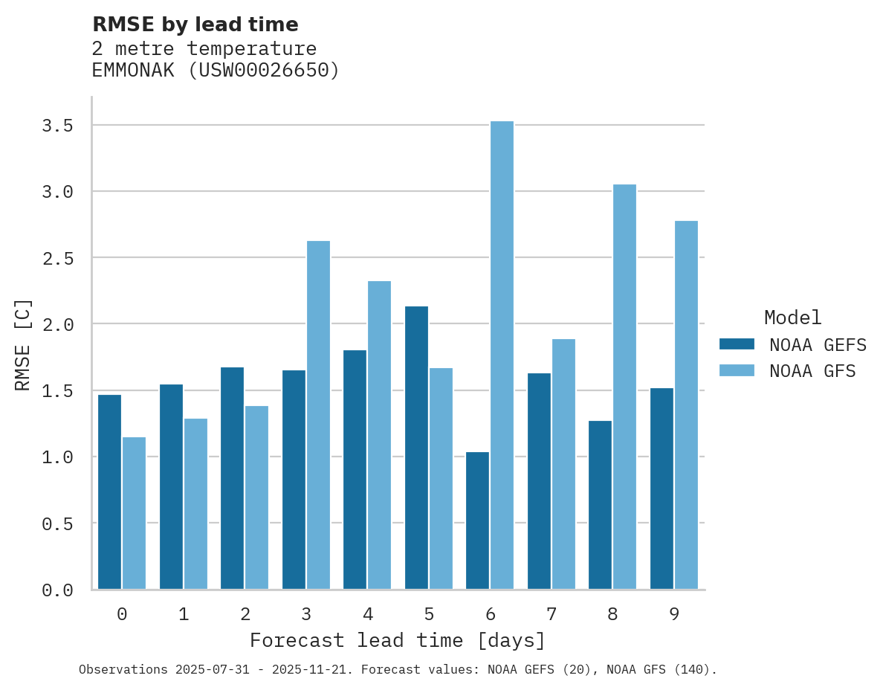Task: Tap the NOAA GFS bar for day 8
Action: tap(624, 387)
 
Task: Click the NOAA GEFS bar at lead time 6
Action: tap(478, 520)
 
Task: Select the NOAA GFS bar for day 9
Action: tap(686, 405)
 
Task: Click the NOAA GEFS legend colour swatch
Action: tap(737, 344)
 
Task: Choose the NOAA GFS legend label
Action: tap(812, 371)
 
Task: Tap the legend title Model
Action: tap(792, 317)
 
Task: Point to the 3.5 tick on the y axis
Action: tap(57, 126)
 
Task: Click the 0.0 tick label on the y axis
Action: tap(57, 590)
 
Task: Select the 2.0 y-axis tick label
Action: tap(57, 325)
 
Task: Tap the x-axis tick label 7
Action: tap(551, 614)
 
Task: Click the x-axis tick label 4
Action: tap(367, 614)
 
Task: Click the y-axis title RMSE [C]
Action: tap(24, 344)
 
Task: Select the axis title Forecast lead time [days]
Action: tap(398, 640)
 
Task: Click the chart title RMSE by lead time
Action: tap(195, 25)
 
